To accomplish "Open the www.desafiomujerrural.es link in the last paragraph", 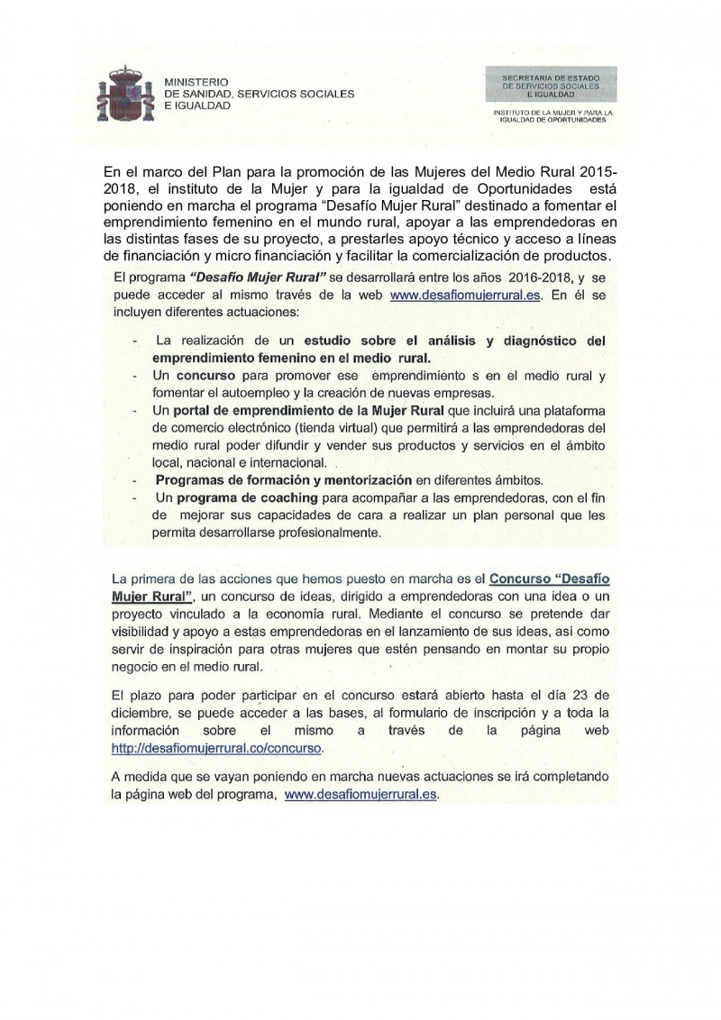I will coord(360,796).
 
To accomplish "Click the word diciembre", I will coord(140,714).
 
